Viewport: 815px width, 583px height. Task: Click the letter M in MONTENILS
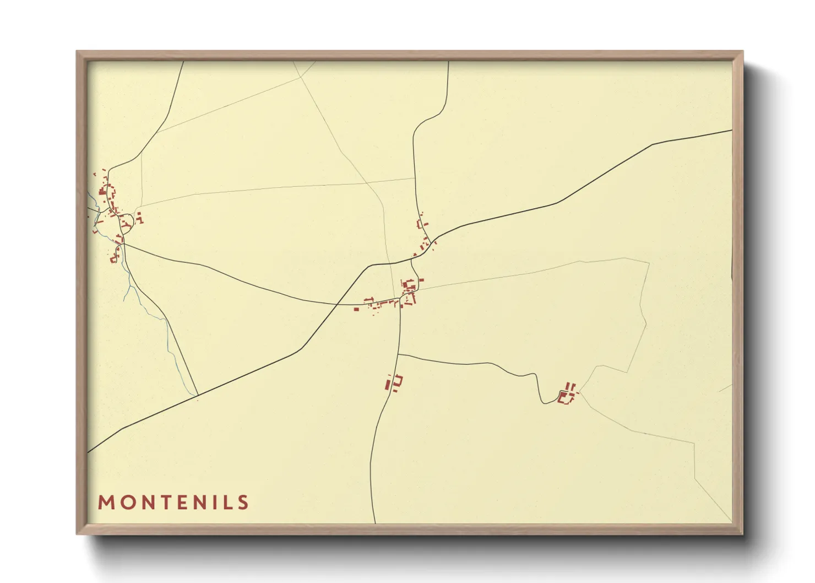pyautogui.click(x=106, y=503)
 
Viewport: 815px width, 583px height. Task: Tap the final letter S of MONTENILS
pyautogui.click(x=243, y=503)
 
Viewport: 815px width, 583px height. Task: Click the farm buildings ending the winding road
pyautogui.click(x=567, y=395)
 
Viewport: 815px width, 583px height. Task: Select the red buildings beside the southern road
pyautogui.click(x=394, y=382)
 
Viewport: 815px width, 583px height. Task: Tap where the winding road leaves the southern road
pyautogui.click(x=398, y=354)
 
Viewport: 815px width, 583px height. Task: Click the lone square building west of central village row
pyautogui.click(x=356, y=309)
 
